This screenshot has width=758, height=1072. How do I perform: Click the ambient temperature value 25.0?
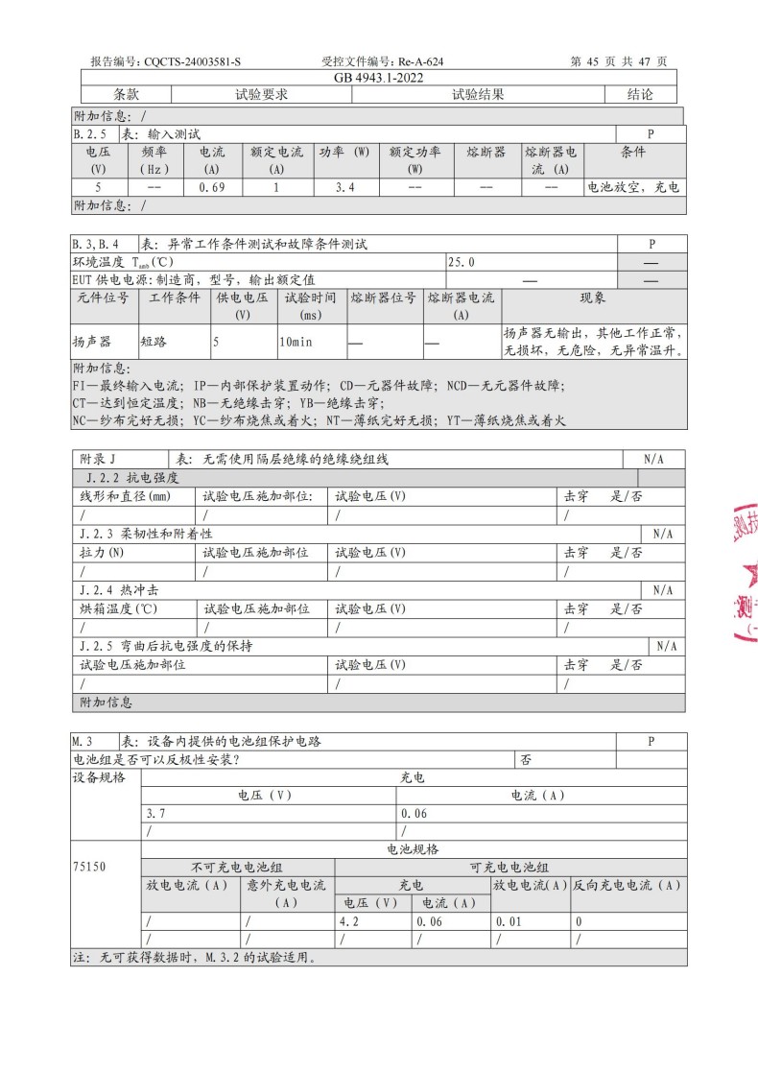pos(462,261)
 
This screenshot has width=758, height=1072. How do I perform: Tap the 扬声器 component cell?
pos(92,341)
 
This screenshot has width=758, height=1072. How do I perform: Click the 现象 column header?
pos(593,298)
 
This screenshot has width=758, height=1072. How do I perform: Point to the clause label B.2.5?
pos(89,134)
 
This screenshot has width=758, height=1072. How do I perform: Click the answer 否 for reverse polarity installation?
pos(526,759)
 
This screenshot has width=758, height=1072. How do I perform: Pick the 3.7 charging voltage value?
pos(155,813)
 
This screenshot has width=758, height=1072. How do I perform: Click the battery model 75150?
pos(89,867)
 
